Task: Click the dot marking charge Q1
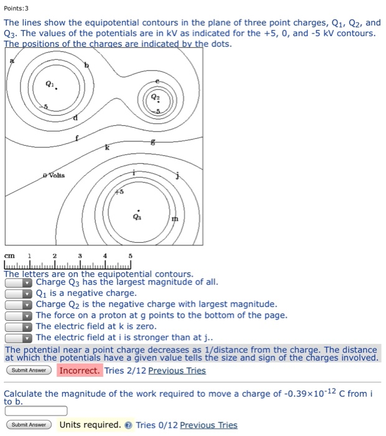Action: click(x=56, y=89)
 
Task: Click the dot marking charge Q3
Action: click(x=138, y=210)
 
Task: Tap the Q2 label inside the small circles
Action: click(x=156, y=98)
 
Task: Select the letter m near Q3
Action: click(x=174, y=219)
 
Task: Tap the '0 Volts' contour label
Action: click(x=54, y=176)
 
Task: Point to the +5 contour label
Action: click(x=118, y=192)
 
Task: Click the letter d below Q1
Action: click(x=76, y=118)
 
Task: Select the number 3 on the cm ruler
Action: click(x=80, y=256)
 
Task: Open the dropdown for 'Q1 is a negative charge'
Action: click(x=19, y=293)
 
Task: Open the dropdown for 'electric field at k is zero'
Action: click(x=19, y=326)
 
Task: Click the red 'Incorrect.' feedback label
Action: click(x=79, y=371)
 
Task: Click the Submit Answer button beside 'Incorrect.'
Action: click(x=29, y=371)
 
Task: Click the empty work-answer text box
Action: click(x=35, y=410)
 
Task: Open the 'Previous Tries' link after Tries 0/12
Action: click(x=208, y=425)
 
